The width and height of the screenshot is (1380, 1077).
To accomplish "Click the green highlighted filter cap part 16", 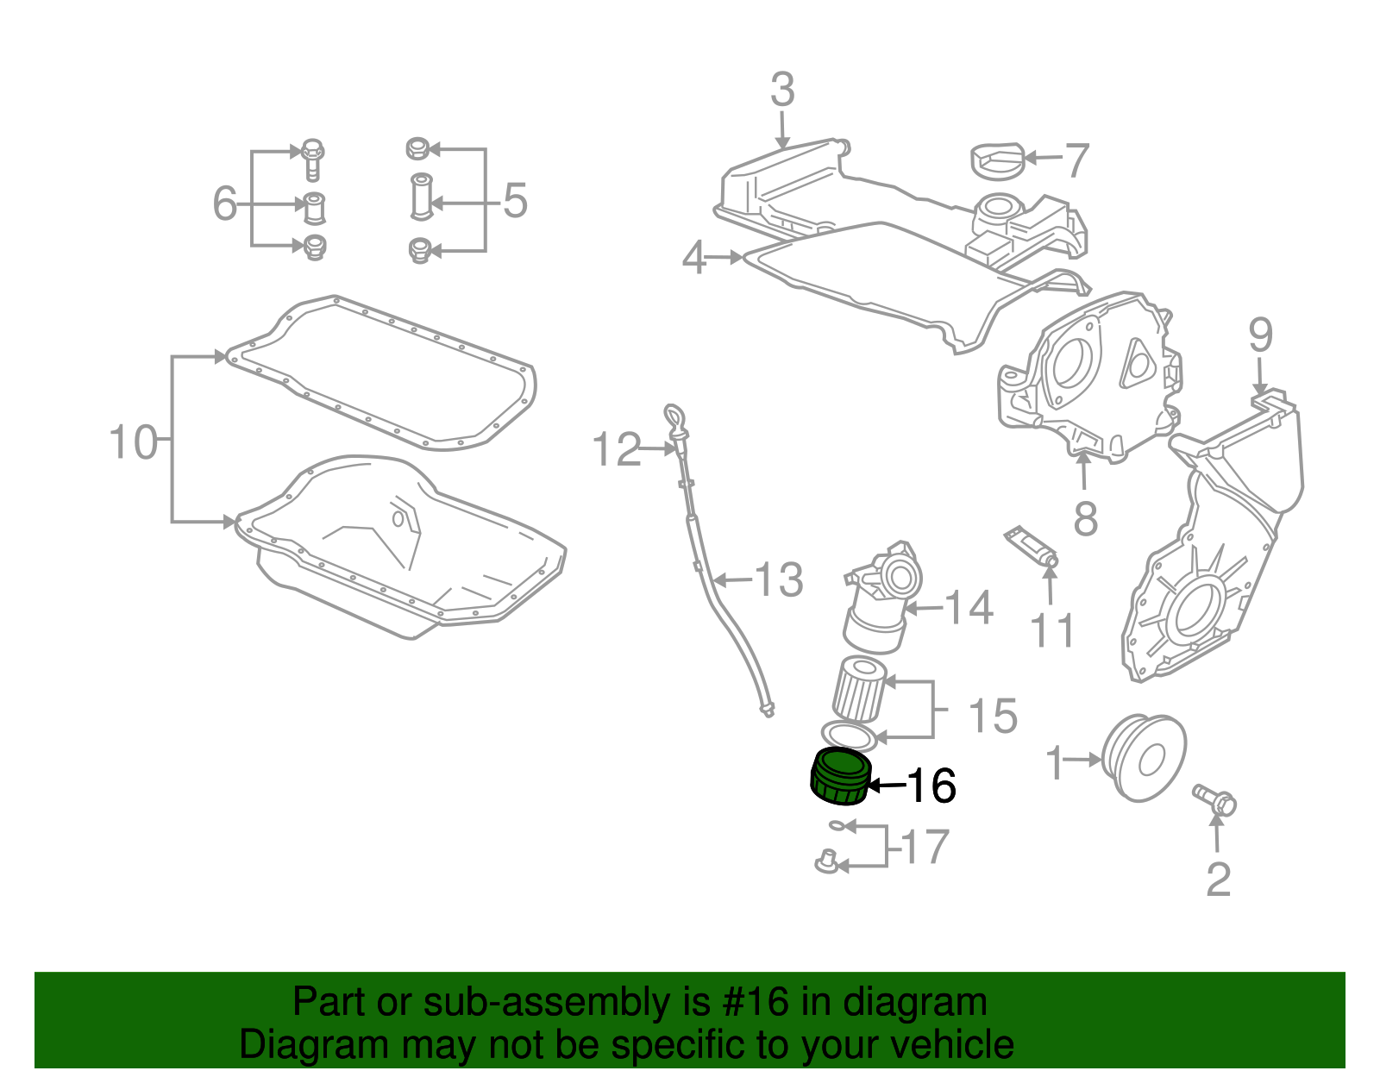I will (839, 776).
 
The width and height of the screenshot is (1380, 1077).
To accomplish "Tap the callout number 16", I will (931, 786).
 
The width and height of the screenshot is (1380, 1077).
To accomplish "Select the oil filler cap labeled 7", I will (997, 162).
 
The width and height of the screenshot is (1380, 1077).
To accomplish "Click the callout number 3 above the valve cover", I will (781, 91).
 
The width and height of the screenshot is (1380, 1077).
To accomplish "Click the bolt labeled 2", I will (1214, 798).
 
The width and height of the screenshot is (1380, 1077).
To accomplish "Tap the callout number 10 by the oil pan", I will (134, 442).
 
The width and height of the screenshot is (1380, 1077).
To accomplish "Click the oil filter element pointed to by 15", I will (858, 688).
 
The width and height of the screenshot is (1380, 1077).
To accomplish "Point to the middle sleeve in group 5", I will (420, 197).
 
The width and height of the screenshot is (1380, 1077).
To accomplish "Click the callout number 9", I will (1260, 335).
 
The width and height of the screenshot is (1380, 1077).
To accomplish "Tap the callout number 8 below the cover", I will (1085, 518).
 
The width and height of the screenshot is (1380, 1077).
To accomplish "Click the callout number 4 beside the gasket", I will (694, 258).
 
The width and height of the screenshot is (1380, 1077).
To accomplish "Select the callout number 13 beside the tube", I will (779, 580).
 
